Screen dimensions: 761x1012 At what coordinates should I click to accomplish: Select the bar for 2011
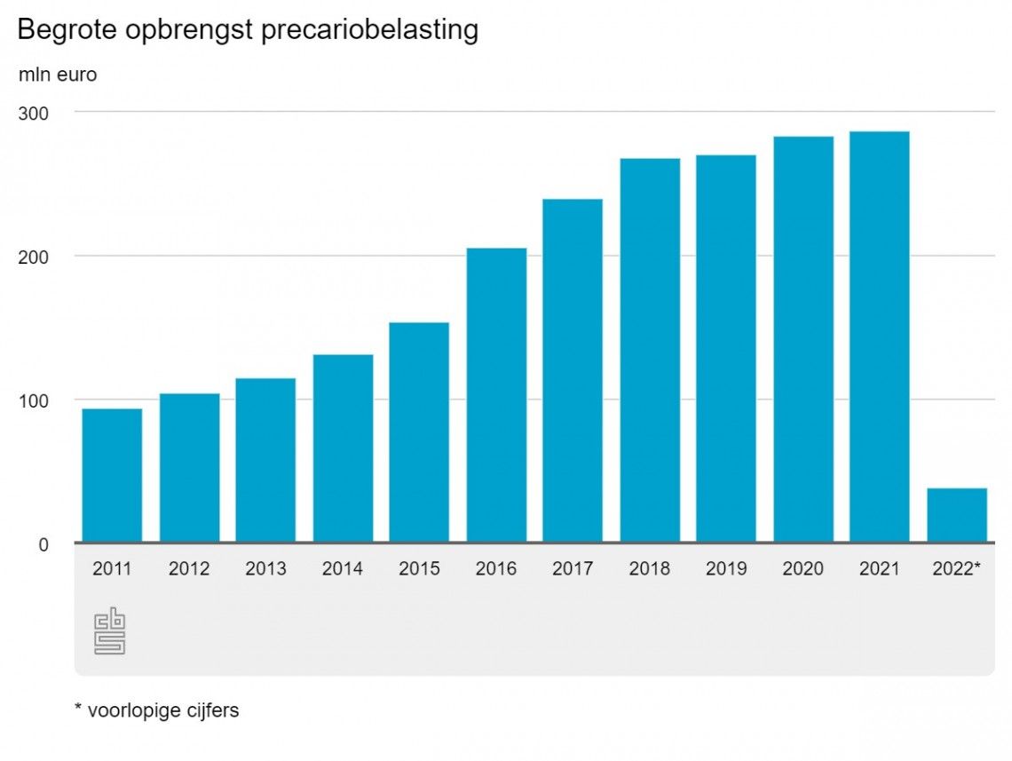[x=112, y=475]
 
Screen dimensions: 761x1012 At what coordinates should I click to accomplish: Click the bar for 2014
[x=343, y=448]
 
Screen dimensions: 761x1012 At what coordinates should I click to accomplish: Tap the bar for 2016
[x=496, y=395]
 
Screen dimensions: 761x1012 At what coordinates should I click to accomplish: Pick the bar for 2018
[x=650, y=350]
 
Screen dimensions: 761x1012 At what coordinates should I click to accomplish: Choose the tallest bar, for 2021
[x=880, y=337]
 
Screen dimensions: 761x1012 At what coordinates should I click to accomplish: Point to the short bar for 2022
[x=957, y=515]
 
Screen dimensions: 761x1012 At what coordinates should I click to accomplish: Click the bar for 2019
[x=726, y=348]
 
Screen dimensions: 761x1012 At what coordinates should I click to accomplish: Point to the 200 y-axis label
[x=36, y=257]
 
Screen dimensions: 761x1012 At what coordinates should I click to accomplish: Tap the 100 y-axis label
[x=36, y=400]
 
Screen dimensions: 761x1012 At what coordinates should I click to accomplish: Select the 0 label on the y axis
[x=42, y=544]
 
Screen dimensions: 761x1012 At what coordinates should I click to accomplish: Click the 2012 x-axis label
[x=189, y=569]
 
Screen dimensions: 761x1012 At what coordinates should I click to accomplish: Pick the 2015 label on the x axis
[x=419, y=569]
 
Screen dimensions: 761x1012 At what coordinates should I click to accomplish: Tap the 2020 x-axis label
[x=802, y=569]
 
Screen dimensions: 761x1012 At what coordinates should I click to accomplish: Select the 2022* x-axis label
[x=956, y=569]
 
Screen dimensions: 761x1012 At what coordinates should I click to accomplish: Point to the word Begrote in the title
[x=67, y=30]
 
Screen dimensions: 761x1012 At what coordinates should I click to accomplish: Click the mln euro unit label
[x=58, y=75]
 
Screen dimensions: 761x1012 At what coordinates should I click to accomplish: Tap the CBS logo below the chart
[x=110, y=630]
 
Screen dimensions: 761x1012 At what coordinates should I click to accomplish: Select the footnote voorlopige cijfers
[x=162, y=711]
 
